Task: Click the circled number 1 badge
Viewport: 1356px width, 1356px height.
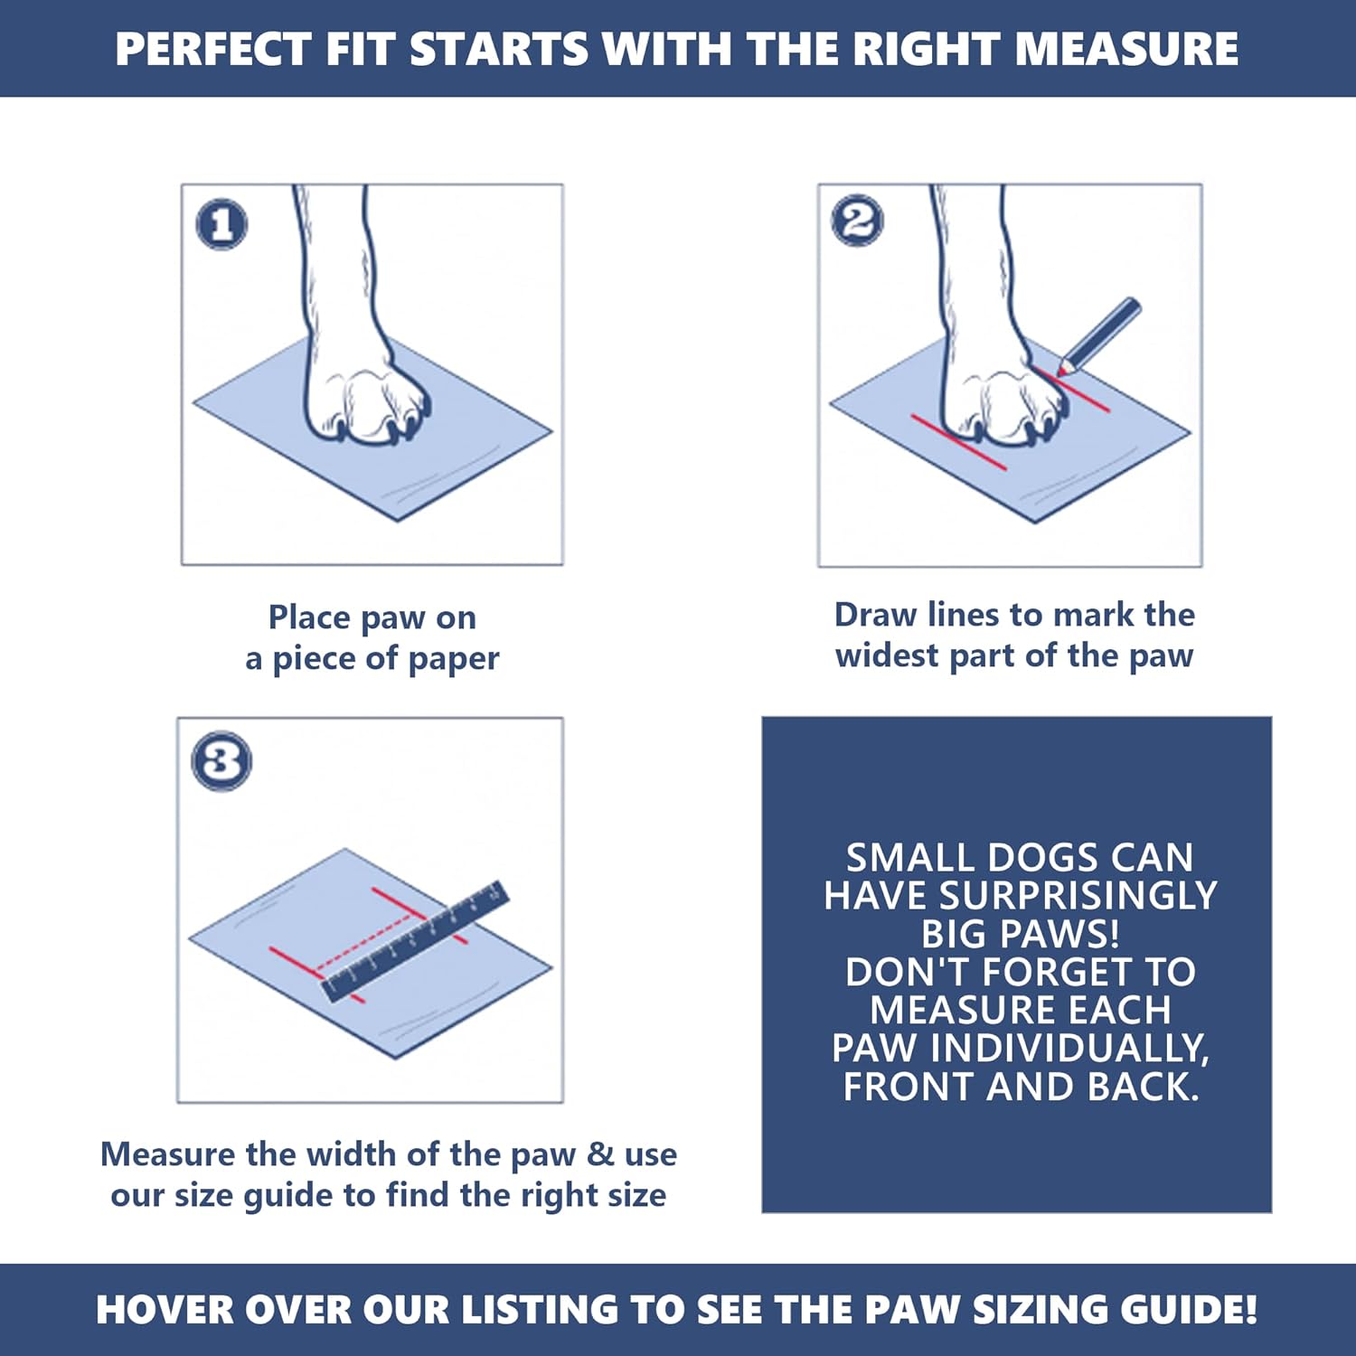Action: point(221,223)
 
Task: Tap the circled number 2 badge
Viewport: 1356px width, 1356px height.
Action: point(858,221)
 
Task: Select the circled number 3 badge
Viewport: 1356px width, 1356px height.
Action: point(221,760)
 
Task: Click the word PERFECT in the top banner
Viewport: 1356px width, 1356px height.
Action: point(212,49)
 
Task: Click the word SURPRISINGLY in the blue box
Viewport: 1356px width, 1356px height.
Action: point(1078,896)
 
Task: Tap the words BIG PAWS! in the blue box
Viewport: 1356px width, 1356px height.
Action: point(1020,934)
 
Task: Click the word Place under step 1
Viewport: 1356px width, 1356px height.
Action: point(309,617)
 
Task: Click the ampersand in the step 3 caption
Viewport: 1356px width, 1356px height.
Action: point(600,1154)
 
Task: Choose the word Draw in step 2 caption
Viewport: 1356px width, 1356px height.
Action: point(875,615)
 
